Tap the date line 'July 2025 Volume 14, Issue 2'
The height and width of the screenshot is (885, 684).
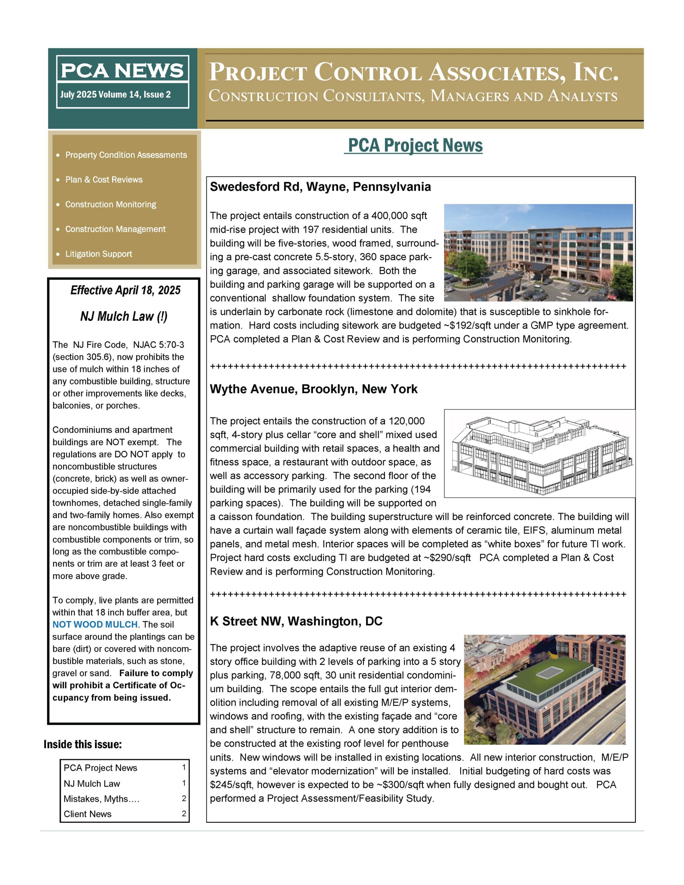coord(115,95)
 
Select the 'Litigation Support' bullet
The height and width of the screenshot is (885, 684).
coord(99,254)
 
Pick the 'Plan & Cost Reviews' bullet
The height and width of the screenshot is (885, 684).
coord(104,179)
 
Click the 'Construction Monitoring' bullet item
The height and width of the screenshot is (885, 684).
coord(111,204)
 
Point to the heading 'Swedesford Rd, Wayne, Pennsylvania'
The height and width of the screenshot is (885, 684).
coord(320,187)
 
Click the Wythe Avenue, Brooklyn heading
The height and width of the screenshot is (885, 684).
coord(313,389)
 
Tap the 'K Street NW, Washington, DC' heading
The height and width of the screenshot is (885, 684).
coord(296,621)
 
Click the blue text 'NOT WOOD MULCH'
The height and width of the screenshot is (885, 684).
coord(95,624)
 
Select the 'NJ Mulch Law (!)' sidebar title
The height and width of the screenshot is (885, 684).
coord(124,316)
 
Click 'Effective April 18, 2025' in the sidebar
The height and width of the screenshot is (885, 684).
coord(125,290)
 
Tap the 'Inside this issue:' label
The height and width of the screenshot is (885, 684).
coord(83,744)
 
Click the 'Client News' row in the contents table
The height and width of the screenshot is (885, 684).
coord(87,814)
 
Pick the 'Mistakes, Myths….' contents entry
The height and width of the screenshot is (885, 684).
coord(101,799)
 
